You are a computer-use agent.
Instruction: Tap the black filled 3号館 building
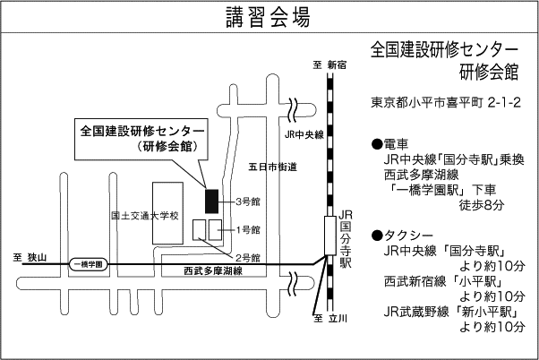pos(211,200)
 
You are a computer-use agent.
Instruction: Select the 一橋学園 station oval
pos(87,264)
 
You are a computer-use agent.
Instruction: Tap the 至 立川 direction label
pos(330,318)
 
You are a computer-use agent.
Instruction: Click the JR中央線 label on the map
pos(303,135)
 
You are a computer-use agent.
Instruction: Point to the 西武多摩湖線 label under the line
pos(212,270)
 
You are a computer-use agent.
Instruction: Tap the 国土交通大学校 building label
pos(145,216)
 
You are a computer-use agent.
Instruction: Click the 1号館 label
pos(248,230)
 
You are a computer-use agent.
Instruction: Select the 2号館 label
pos(248,258)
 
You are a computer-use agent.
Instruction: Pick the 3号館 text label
pos(248,201)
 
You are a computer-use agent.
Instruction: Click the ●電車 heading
pos(389,144)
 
